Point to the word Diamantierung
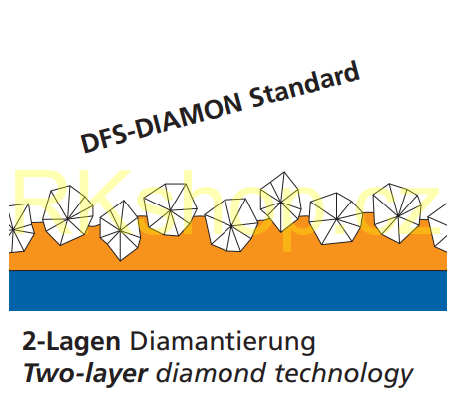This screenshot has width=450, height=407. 223,343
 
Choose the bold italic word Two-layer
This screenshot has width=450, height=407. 85,374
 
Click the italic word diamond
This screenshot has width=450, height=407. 212,372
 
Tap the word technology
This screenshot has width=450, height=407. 344,374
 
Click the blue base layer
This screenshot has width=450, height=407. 227,291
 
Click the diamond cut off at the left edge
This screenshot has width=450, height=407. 21,228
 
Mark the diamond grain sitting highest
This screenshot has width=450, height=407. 281,202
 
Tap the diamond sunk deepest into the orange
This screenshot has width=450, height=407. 120,230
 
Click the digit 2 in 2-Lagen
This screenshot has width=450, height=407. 29,341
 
